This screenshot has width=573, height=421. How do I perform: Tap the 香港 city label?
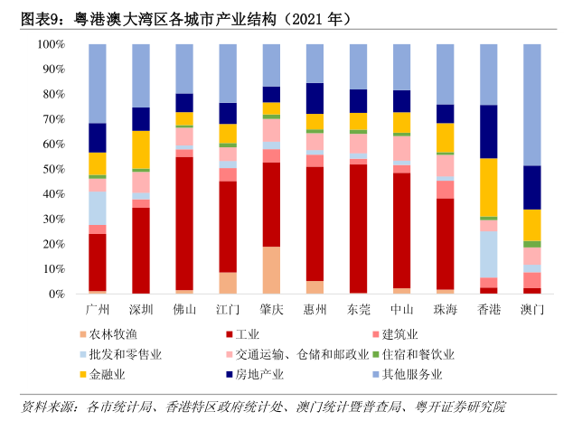pos(488,310)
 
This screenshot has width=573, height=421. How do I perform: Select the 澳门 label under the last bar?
pos(531,310)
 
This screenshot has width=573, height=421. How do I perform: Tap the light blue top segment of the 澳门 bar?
pos(531,104)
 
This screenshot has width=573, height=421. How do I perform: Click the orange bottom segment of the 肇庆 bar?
pos(271,270)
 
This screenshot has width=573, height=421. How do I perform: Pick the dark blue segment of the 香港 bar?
pos(488,131)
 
